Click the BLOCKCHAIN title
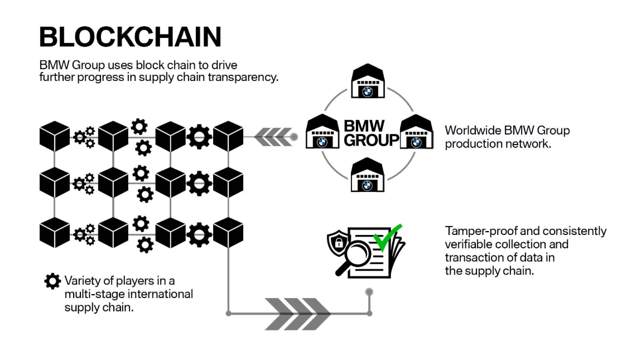[130, 37]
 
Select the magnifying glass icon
[353, 256]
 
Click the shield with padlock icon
[338, 241]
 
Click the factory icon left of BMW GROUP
[322, 132]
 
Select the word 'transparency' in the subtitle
[246, 78]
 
